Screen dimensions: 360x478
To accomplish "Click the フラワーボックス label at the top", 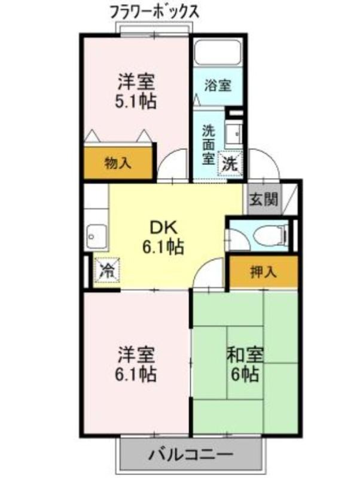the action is click(154, 13).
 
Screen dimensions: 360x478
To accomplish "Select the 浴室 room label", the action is click(218, 85).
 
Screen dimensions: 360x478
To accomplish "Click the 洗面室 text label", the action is click(209, 145).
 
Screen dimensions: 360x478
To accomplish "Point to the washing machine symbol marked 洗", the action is click(230, 164).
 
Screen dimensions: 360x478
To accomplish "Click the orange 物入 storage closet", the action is click(118, 163).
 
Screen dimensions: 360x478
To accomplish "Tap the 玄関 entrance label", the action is click(264, 200).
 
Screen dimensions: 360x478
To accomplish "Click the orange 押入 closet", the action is click(263, 272).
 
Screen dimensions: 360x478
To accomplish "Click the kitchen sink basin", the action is click(96, 237).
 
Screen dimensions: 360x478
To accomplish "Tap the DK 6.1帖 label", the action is click(163, 237).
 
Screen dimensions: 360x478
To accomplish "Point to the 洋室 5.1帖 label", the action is click(136, 91).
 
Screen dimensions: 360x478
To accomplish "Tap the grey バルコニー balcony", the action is click(191, 455).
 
